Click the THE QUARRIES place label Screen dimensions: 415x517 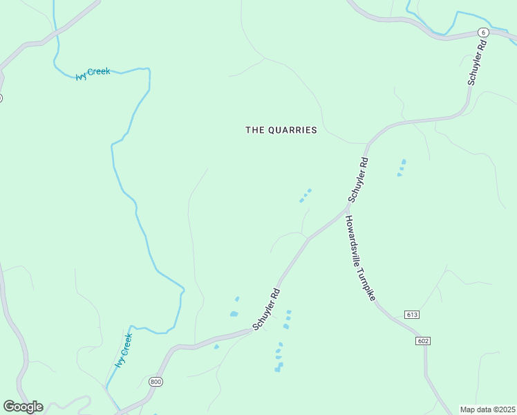pos(281,130)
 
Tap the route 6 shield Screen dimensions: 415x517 pos(483,33)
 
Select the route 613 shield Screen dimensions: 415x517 pos(413,315)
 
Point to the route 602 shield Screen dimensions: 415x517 pos(424,341)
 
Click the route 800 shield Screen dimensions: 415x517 pos(155,381)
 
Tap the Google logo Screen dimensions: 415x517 pos(23,407)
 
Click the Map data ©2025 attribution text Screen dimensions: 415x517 pos(487,409)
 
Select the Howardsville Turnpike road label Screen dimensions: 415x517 pos(360,257)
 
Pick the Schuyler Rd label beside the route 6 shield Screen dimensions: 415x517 pos(476,62)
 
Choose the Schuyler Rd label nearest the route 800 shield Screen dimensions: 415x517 pos(266,309)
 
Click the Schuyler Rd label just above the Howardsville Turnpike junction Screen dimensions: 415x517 pos(359,181)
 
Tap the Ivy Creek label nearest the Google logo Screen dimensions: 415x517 pos(123,351)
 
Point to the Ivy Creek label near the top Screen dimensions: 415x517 pos(93,73)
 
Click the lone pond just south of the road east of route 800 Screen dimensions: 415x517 pos(216,347)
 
